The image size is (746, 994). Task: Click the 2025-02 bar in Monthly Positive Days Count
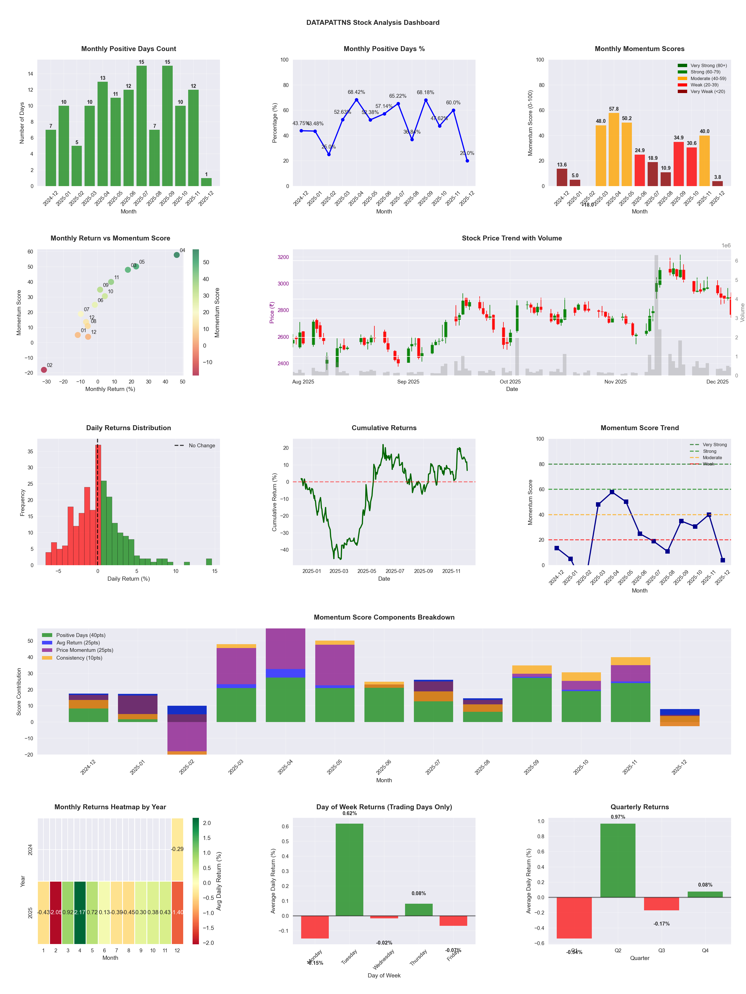(77, 166)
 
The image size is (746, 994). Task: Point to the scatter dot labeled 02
(44, 370)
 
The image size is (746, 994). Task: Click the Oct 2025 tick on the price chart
(510, 382)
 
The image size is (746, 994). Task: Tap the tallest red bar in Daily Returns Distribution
(98, 505)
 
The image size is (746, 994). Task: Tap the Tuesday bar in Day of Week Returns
(350, 870)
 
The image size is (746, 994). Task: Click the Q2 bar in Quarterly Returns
(618, 861)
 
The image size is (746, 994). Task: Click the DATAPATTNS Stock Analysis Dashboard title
(373, 22)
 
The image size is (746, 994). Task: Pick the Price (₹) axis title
(272, 313)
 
